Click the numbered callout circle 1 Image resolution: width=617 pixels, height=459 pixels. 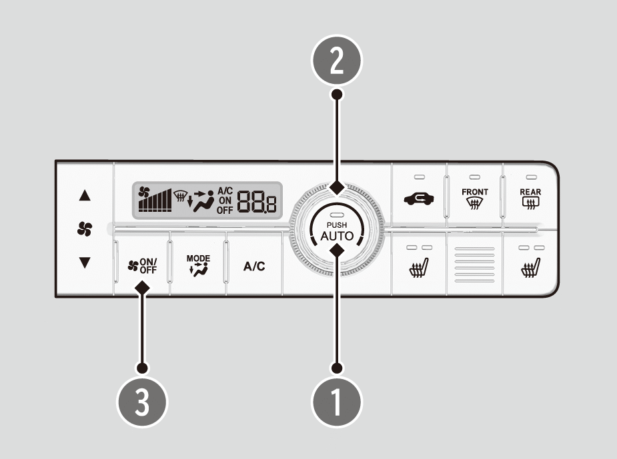pyautogui.click(x=337, y=402)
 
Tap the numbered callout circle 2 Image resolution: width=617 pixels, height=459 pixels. pyautogui.click(x=337, y=60)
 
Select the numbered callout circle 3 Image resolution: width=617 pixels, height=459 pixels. pyautogui.click(x=142, y=402)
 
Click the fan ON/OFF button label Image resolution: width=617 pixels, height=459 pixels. pyautogui.click(x=143, y=266)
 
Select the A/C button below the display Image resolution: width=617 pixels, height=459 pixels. pyautogui.click(x=254, y=266)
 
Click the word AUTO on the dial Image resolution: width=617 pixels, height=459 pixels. pyautogui.click(x=337, y=236)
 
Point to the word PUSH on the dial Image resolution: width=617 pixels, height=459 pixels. pyautogui.click(x=337, y=225)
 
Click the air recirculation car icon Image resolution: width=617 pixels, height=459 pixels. pyautogui.click(x=419, y=199)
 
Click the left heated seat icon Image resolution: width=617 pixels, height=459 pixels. pyautogui.click(x=419, y=268)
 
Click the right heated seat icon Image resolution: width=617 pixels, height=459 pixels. pyautogui.click(x=531, y=268)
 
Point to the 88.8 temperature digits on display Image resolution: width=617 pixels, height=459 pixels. pyautogui.click(x=257, y=202)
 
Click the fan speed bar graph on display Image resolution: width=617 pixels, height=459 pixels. pyautogui.click(x=155, y=201)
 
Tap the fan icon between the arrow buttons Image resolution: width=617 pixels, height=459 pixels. pyautogui.click(x=85, y=229)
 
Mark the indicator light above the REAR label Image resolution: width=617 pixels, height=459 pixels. pyautogui.click(x=531, y=177)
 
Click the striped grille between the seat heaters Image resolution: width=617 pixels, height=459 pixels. pyautogui.click(x=474, y=264)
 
